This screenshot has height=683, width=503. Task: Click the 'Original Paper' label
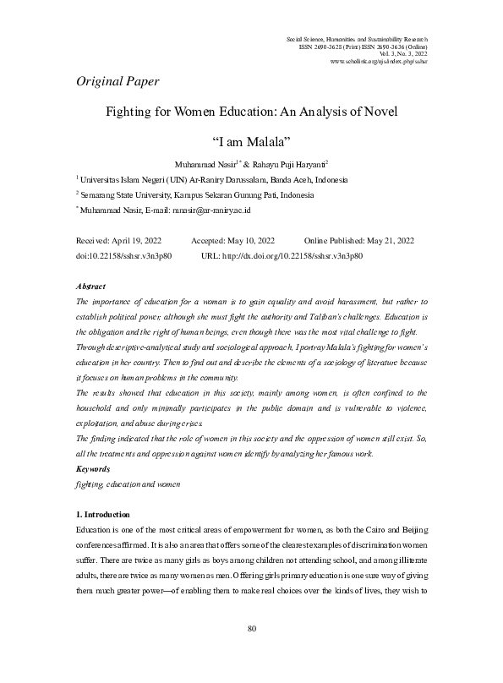coord(118,82)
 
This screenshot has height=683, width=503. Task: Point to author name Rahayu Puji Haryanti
coord(265,164)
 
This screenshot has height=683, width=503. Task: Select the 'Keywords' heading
coord(92,467)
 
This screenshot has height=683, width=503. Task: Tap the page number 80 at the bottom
coord(251,652)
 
